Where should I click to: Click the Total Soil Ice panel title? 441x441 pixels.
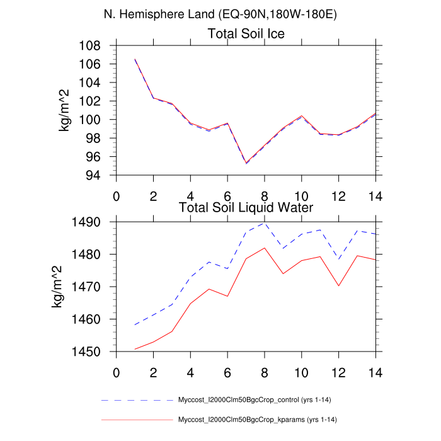point(246,34)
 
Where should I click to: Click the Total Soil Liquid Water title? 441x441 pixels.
point(246,207)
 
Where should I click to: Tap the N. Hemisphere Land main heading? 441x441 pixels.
point(220,14)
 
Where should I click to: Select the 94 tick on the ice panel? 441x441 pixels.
point(96,175)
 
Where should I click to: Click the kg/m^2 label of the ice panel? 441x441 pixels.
point(64,110)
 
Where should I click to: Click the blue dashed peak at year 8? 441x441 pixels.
point(265,222)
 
